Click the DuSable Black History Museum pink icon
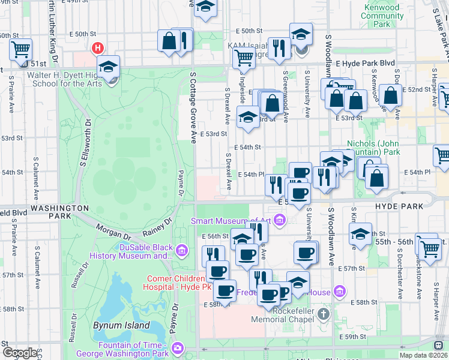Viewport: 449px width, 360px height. coord(182,249)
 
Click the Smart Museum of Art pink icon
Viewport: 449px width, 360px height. coord(279,221)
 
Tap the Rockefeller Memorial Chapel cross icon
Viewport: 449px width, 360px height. coord(324,313)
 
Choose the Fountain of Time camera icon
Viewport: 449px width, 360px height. coord(178,347)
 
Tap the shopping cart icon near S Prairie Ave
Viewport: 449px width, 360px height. coord(20,49)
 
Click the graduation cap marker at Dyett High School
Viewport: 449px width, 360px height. coord(109,67)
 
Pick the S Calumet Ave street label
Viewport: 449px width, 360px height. coord(35,178)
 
